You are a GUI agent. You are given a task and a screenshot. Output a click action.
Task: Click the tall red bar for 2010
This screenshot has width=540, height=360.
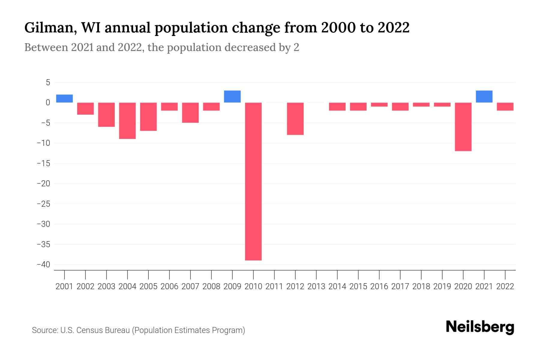tap(253, 181)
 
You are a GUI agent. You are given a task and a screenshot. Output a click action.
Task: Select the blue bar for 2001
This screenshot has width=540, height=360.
tap(64, 98)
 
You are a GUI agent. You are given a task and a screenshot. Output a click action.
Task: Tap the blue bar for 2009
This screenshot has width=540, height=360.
tap(232, 96)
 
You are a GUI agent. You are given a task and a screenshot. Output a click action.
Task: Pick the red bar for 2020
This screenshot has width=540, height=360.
tap(463, 127)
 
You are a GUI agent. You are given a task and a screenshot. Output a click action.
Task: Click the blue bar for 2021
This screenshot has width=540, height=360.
tap(484, 96)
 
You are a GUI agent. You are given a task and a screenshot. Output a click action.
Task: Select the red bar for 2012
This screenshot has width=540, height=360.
tap(295, 118)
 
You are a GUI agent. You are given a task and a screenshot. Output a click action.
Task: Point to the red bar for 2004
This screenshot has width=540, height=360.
tap(127, 121)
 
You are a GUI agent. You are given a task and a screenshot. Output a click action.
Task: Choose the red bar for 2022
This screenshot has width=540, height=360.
tap(505, 106)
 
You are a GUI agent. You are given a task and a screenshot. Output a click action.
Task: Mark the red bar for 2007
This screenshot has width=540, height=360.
tap(190, 112)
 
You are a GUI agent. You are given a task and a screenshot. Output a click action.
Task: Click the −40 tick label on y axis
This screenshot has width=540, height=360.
tap(43, 265)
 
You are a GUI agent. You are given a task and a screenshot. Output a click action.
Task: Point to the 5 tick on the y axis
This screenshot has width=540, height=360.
tap(48, 82)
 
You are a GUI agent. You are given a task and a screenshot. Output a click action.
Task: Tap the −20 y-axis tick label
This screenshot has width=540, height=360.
tap(43, 184)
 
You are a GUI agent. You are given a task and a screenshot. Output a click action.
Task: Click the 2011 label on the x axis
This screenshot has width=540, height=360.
tap(274, 286)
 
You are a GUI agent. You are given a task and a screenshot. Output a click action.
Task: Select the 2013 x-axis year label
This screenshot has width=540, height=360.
tap(316, 286)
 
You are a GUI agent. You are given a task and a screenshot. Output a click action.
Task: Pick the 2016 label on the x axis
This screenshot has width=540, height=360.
tap(379, 286)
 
